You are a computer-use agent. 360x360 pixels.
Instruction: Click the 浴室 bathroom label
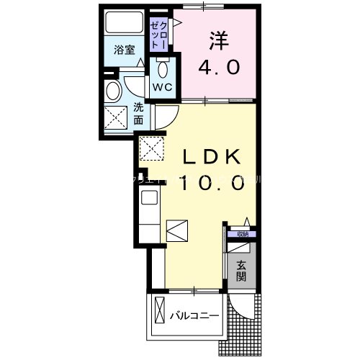point(125,50)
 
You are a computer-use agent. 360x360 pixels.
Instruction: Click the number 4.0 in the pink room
point(221,68)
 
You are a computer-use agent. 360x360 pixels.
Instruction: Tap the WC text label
point(161,87)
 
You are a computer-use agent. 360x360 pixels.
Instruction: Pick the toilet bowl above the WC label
point(161,69)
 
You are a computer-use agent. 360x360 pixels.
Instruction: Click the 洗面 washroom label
point(138,114)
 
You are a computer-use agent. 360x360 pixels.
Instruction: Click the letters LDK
point(212,157)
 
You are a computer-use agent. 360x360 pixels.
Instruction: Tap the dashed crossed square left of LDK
point(153,149)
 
